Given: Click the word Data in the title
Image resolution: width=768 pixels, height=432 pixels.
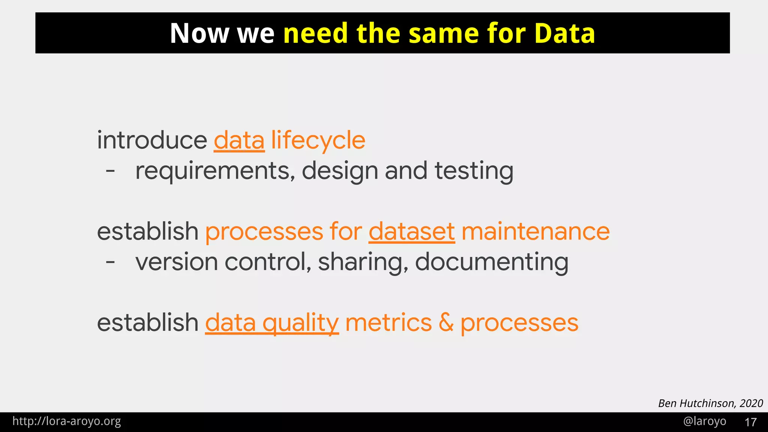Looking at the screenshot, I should (x=564, y=33).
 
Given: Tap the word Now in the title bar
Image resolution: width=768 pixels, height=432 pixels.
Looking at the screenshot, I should (x=199, y=33).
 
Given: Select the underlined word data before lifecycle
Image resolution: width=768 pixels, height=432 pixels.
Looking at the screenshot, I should (x=239, y=141).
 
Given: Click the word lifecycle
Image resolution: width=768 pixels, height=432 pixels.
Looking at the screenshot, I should (x=318, y=141).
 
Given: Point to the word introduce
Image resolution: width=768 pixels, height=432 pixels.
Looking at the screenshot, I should (x=152, y=141).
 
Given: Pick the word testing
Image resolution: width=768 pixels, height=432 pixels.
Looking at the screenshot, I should (x=474, y=171).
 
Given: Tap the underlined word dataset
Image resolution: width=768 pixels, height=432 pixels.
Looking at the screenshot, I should (x=412, y=231).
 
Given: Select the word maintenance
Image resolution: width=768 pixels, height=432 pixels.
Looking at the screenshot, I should (x=535, y=231).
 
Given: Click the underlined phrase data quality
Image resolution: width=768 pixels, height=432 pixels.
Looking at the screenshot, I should (x=272, y=323).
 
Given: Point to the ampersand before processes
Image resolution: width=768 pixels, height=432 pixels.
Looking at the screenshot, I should (x=446, y=323).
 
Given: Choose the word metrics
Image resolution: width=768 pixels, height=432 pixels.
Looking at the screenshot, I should (x=388, y=323).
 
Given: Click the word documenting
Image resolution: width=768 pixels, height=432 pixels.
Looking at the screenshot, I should (x=492, y=262).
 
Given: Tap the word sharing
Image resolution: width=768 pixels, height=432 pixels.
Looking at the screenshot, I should (x=363, y=262).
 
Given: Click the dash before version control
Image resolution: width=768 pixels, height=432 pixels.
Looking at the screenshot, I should (x=110, y=262).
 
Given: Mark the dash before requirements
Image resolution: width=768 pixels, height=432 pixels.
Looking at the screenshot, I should (x=110, y=171).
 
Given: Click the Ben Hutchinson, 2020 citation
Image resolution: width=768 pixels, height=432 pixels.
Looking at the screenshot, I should (x=710, y=403).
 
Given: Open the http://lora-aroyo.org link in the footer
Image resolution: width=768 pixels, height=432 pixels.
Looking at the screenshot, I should (x=67, y=421).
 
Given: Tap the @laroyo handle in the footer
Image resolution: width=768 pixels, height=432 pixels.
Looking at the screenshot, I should (x=705, y=421).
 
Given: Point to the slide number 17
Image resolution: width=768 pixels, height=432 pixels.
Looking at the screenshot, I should (x=750, y=422).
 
